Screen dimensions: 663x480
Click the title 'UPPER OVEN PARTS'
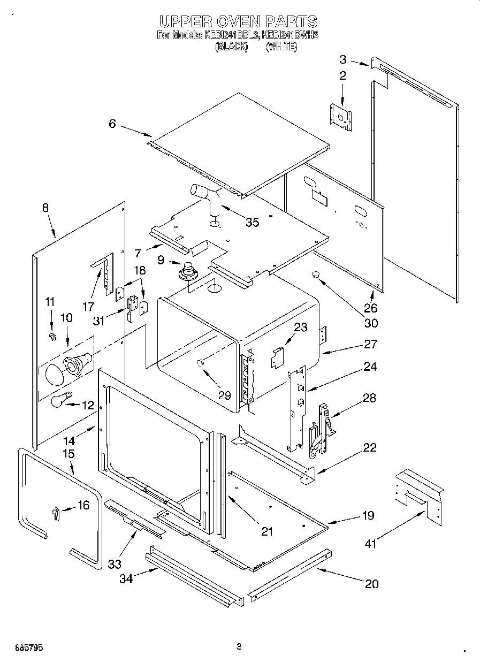[x=239, y=21]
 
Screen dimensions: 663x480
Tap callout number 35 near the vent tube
[x=252, y=222]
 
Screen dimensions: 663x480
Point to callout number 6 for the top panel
[x=112, y=124]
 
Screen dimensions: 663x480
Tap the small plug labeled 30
[x=316, y=275]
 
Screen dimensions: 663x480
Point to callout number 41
[x=370, y=544]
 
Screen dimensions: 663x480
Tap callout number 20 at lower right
[x=371, y=584]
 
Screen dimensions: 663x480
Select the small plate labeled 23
[x=276, y=357]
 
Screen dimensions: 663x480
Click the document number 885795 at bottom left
[x=24, y=647]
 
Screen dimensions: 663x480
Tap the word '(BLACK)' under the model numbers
[x=231, y=47]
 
